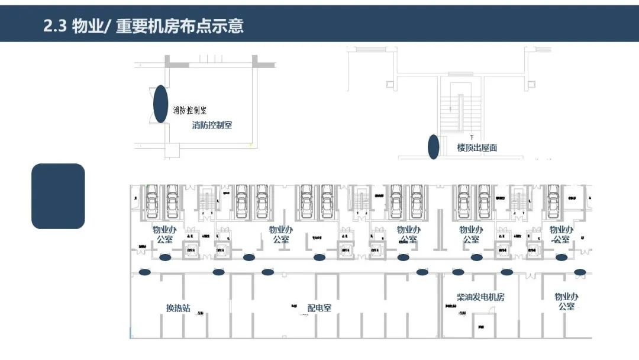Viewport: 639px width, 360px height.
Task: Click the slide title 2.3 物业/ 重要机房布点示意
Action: click(x=143, y=26)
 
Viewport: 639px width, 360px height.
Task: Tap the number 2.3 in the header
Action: click(x=55, y=26)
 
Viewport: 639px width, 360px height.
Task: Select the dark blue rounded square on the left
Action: click(x=58, y=196)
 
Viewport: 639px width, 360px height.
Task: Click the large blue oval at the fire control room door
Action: click(x=160, y=104)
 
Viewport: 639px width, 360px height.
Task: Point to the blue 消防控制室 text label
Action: click(x=212, y=126)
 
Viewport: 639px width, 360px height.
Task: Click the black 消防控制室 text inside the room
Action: click(x=189, y=111)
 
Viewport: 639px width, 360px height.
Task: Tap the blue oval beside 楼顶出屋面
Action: click(x=434, y=147)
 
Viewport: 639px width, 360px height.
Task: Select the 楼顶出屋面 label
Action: click(x=477, y=147)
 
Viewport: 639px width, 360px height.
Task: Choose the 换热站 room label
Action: click(x=178, y=308)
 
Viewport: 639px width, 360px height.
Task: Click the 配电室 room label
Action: click(x=319, y=308)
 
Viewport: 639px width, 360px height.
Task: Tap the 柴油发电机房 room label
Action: click(x=480, y=297)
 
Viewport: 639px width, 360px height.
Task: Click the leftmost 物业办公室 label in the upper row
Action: click(x=165, y=234)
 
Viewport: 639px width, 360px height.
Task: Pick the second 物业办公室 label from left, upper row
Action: click(x=281, y=234)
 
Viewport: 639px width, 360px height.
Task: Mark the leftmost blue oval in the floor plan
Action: click(x=144, y=272)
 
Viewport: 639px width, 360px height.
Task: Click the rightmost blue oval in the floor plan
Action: click(x=580, y=272)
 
